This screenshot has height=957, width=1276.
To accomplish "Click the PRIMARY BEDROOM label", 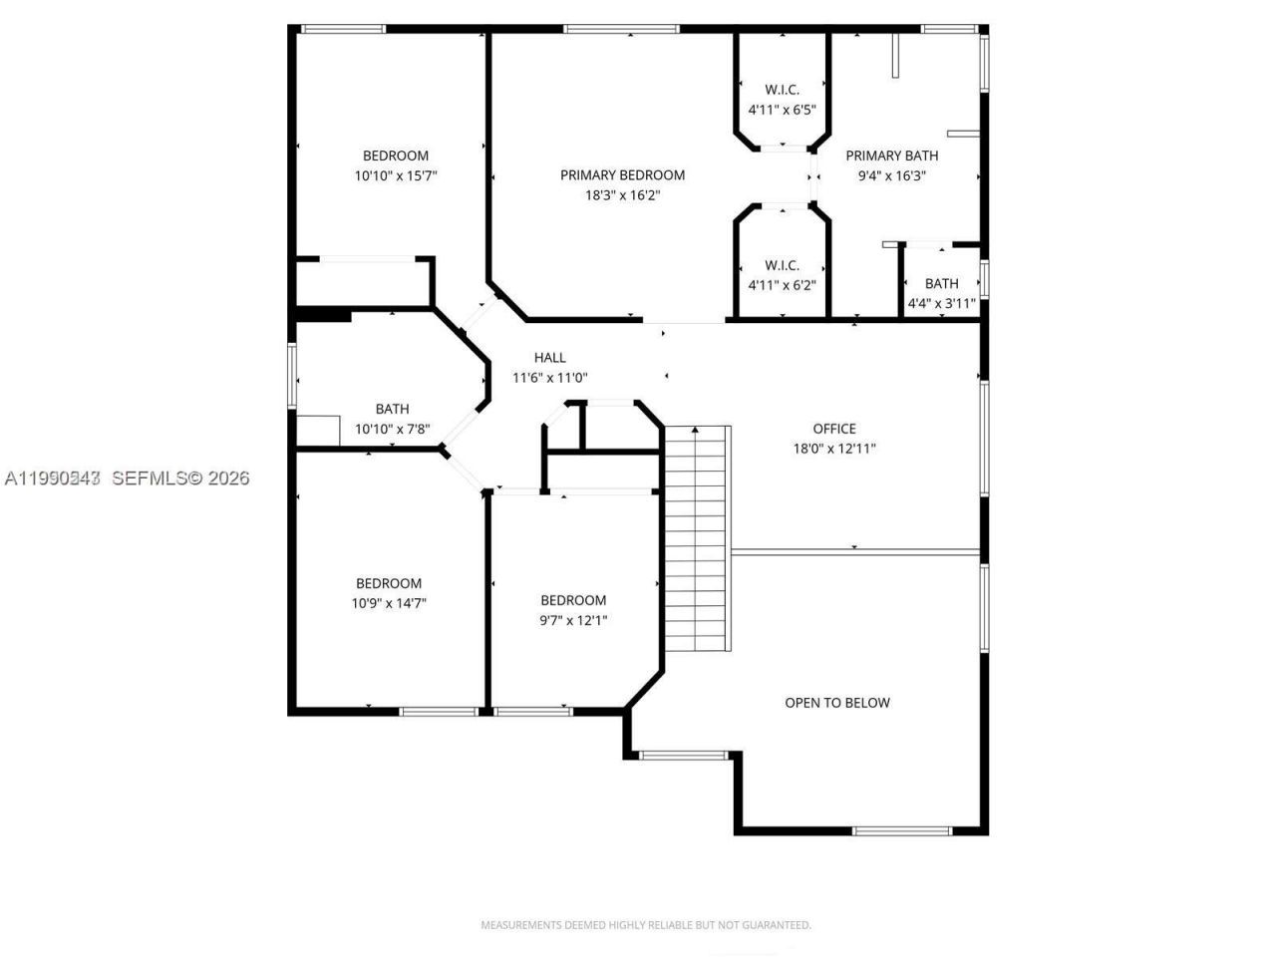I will point(622,175).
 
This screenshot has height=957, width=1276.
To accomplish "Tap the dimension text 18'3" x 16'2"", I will point(622,195).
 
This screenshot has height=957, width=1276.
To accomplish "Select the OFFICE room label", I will point(834,429).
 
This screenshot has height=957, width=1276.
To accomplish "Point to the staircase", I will point(698,538).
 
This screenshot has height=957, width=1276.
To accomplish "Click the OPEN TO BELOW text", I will point(837,703).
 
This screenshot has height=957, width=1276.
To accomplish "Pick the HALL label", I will point(549,358).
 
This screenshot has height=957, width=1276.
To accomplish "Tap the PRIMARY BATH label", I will point(892,156).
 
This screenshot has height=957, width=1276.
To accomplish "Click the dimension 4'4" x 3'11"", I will point(941,303).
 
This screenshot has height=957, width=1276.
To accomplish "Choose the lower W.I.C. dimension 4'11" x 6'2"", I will point(782,285).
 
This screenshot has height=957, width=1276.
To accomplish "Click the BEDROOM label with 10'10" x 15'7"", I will point(396,156).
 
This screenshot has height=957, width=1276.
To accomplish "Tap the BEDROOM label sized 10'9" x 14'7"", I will point(389,584).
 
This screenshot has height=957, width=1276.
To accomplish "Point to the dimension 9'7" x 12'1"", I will point(573,620).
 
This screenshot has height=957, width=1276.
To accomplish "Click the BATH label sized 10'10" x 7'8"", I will point(392,409).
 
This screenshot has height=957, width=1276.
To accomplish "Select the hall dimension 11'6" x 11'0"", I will point(549,378).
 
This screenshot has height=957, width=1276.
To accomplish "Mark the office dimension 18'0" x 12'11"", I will point(834,449).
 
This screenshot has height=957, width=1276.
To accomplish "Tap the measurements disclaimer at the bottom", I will point(646,925).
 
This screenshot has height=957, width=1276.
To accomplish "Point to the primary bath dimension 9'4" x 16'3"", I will point(892,175).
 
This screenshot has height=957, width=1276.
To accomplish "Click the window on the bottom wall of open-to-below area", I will point(902,830).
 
